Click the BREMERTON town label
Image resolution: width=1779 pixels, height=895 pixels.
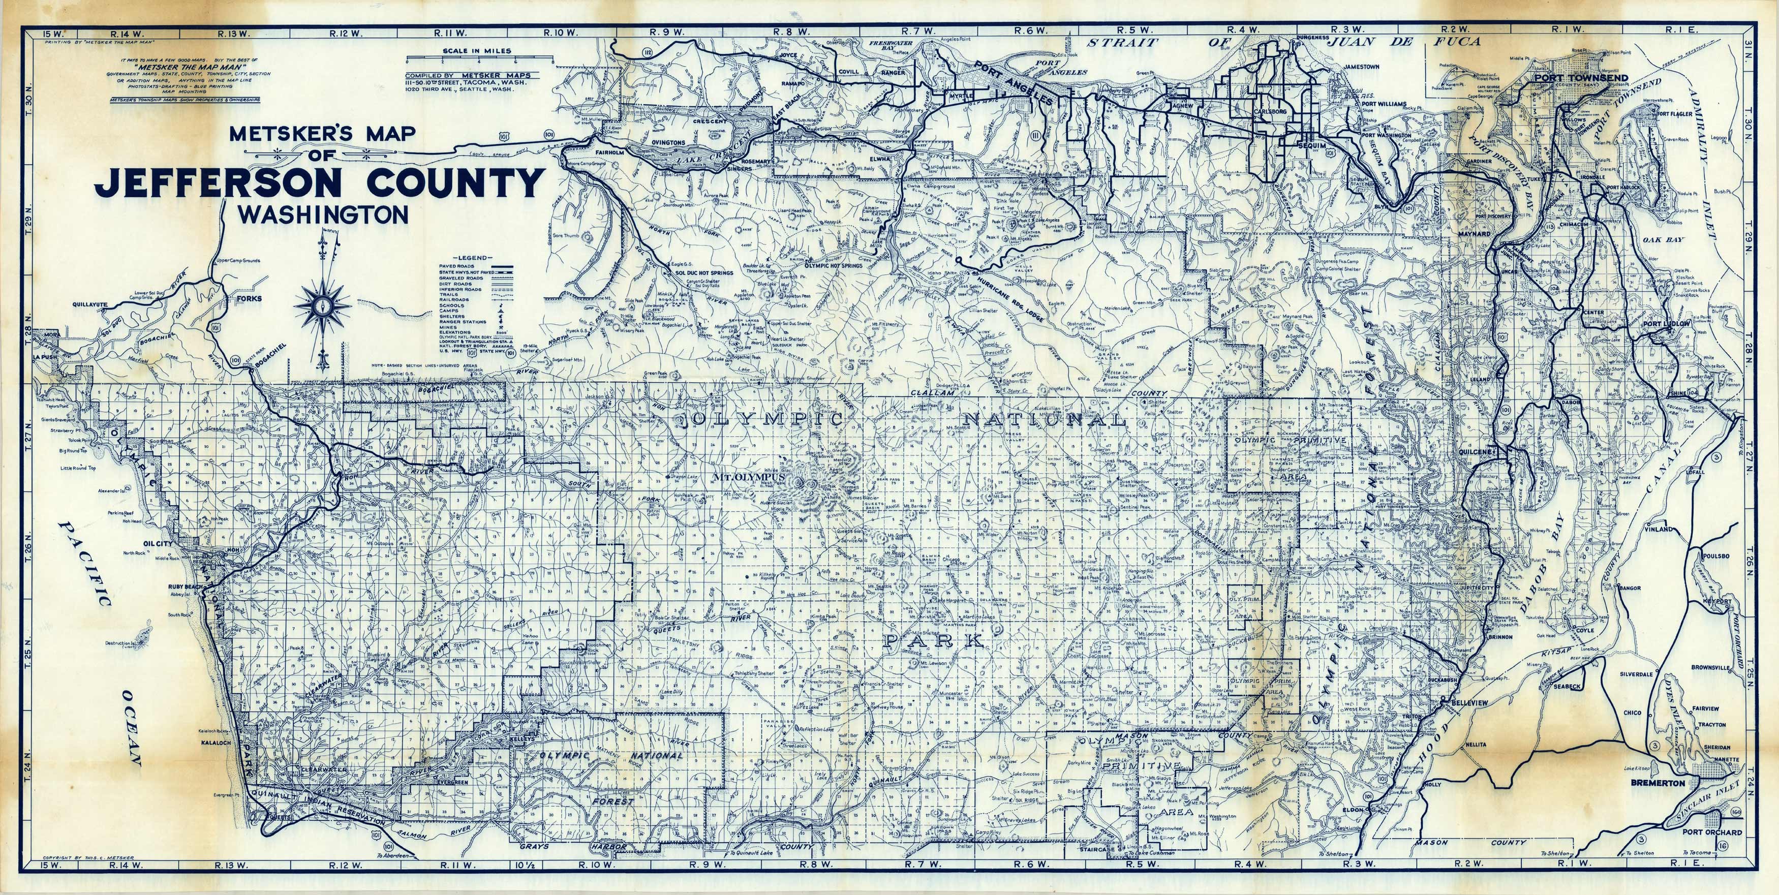(x=1658, y=783)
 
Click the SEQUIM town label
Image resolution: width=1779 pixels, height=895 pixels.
(x=1292, y=146)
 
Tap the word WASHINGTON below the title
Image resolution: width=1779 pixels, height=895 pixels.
(x=323, y=216)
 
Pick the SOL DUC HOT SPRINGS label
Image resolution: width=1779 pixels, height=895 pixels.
(x=704, y=273)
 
